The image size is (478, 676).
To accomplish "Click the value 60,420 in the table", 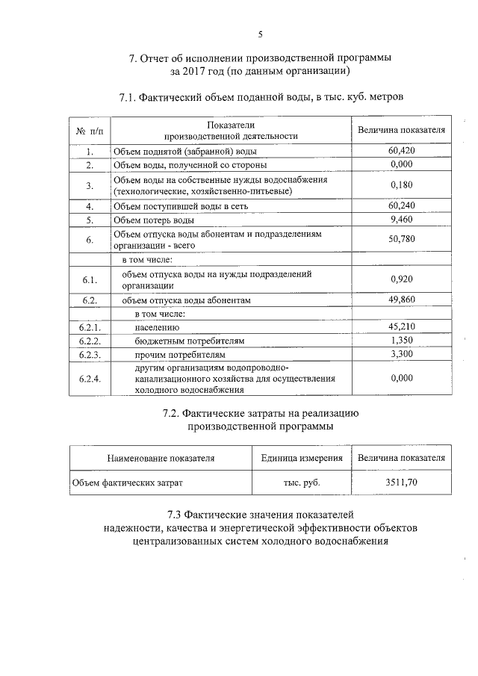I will click(x=401, y=151).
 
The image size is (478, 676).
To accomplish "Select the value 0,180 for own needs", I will click(x=401, y=185).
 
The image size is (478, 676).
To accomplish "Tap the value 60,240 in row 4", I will click(x=401, y=206).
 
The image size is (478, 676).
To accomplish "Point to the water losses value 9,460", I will click(x=401, y=220).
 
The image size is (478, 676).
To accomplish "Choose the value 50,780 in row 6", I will click(x=401, y=240).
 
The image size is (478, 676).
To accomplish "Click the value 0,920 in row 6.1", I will click(x=401, y=279).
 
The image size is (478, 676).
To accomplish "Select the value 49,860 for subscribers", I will click(x=401, y=300).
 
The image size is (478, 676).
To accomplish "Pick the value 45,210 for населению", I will click(x=401, y=326).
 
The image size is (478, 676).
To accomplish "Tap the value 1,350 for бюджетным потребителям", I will click(x=401, y=340).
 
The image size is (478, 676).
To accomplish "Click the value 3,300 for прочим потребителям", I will click(x=401, y=354).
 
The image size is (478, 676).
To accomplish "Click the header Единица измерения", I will click(x=302, y=458).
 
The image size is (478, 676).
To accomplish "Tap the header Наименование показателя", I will click(x=161, y=458).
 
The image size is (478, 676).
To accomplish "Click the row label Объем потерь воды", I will click(x=153, y=221).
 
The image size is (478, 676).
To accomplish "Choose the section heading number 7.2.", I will click(x=173, y=413).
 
